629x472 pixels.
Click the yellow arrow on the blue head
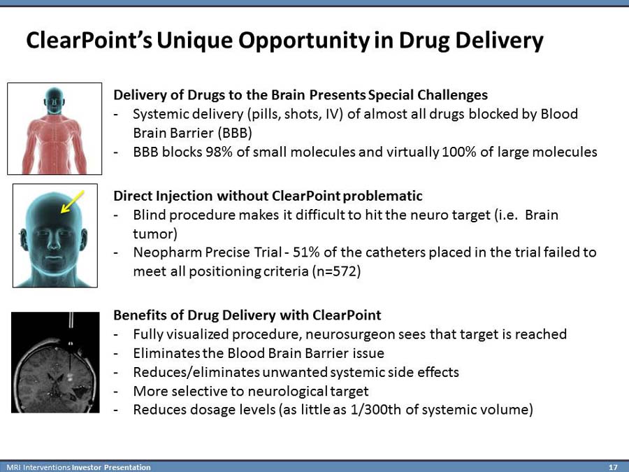(72, 201)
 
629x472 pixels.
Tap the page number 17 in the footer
(612, 467)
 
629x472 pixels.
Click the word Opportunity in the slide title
(263, 41)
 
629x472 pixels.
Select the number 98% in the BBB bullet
(219, 152)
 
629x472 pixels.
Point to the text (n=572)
(336, 272)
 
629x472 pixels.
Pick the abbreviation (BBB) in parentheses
(235, 133)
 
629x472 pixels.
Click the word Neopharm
(167, 253)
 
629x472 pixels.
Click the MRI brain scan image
(55, 362)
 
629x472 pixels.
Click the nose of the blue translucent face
(54, 243)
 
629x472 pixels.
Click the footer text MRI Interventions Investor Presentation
(78, 467)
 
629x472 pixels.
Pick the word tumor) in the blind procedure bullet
(155, 234)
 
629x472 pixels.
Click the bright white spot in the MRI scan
(70, 377)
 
